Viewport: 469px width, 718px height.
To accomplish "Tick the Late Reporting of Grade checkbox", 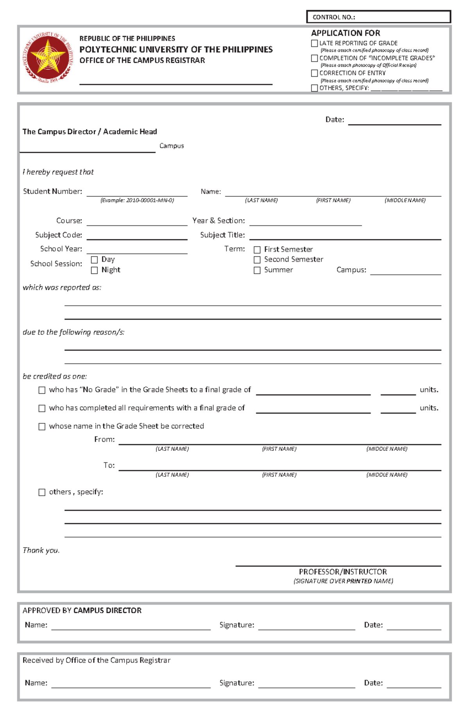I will click(314, 43).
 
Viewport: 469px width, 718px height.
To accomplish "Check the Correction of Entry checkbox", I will click(314, 73).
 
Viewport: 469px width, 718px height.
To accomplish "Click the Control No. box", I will click(378, 17).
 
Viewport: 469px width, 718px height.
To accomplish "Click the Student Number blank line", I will click(137, 193).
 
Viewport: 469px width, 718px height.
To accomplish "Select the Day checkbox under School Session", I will click(94, 260).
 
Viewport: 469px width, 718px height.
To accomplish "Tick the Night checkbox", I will click(94, 270).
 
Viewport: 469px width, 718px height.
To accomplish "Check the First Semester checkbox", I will click(257, 250).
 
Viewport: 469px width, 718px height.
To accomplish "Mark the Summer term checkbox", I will click(257, 270).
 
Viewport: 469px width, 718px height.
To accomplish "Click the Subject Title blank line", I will click(345, 236).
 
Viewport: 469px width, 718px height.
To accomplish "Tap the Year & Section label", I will click(218, 221).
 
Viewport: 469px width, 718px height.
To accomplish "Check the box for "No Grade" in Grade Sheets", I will click(42, 390).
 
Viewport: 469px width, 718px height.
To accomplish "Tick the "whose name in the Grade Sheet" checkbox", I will click(42, 426).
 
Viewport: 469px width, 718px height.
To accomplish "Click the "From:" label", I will click(104, 439).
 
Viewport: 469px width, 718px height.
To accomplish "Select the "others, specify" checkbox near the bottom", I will click(42, 492).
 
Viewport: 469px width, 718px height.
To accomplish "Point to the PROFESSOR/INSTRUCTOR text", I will click(343, 572).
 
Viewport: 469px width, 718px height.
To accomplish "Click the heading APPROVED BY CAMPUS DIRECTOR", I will click(82, 610).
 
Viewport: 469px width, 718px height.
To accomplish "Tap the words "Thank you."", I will click(41, 550).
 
